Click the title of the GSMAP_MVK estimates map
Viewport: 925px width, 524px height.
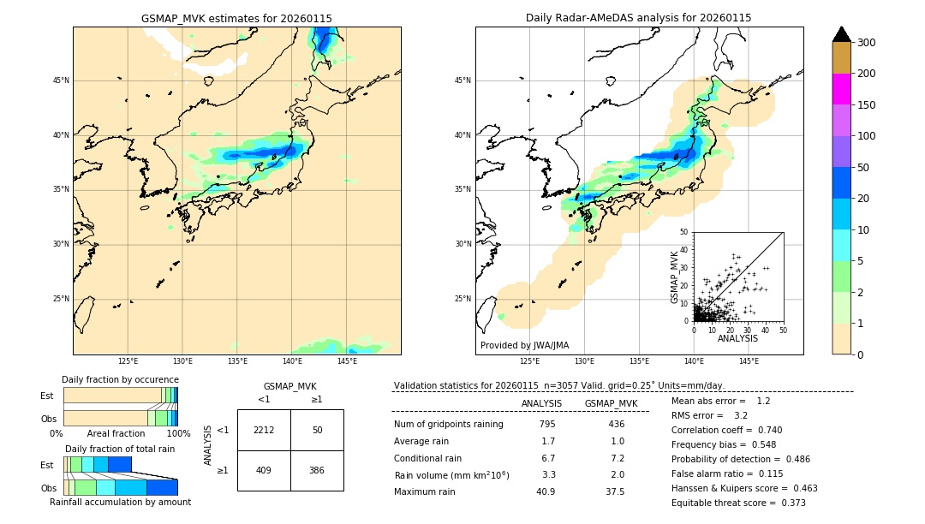(236, 18)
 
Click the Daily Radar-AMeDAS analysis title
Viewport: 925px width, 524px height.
(638, 18)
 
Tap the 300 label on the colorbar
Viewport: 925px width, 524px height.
(867, 43)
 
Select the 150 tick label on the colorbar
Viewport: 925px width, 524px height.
(867, 105)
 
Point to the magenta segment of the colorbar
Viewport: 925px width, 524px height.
(841, 89)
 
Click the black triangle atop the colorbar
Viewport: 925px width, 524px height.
(841, 34)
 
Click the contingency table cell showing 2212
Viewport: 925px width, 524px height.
(264, 430)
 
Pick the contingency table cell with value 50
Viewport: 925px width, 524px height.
(317, 430)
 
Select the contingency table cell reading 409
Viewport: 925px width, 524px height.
(264, 469)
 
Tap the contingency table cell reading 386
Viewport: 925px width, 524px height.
(317, 469)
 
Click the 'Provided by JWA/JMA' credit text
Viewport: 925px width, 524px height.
(524, 346)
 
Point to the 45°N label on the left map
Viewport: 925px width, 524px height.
(61, 80)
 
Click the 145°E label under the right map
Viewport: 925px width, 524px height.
(749, 362)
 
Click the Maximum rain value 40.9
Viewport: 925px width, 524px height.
(546, 491)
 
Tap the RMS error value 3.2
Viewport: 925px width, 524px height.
(741, 415)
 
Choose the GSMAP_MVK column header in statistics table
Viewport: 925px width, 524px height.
(611, 403)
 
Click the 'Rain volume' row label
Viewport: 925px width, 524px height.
(451, 474)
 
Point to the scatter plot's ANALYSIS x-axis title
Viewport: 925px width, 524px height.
(737, 338)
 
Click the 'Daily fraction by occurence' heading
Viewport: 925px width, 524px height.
(120, 379)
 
